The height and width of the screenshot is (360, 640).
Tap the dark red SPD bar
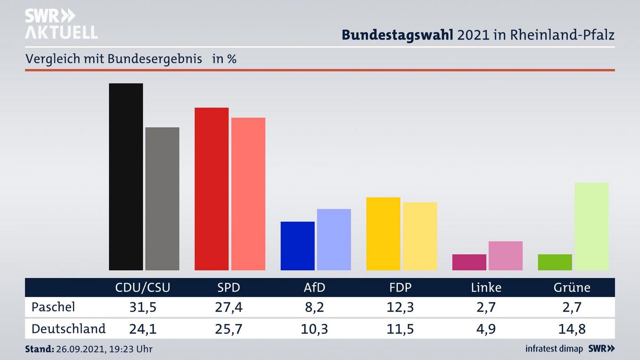212,189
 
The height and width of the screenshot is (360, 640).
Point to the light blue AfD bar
334,240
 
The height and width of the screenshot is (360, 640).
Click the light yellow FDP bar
420,236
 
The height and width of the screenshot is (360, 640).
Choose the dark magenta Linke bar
469,262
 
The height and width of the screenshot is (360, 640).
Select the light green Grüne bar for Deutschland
592,226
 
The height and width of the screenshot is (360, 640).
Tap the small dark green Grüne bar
555,262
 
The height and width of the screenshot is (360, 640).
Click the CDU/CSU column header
143,288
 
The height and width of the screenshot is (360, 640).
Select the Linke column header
486,288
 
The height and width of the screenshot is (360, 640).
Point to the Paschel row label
53,307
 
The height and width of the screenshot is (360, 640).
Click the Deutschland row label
68,329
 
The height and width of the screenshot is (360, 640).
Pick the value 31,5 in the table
143,307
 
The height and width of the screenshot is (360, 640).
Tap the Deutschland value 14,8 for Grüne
572,329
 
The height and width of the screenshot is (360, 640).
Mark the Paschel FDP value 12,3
400,307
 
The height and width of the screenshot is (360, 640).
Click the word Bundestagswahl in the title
397,35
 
